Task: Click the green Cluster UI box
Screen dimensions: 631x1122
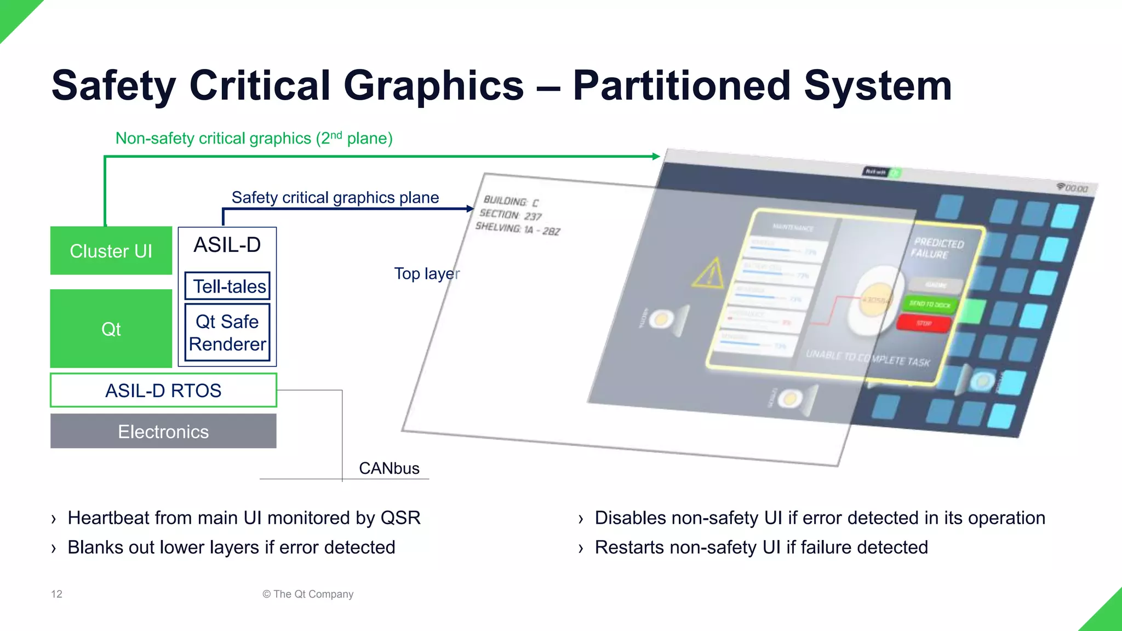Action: click(111, 251)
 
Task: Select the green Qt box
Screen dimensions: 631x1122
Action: click(111, 329)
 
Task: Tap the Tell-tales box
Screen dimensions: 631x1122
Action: click(227, 286)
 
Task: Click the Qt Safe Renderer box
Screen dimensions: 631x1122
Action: click(227, 332)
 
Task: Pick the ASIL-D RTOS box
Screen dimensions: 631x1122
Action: click(163, 391)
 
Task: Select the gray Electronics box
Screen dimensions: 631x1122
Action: click(163, 432)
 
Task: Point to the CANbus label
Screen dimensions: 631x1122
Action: click(389, 468)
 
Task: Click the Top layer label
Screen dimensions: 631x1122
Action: click(426, 273)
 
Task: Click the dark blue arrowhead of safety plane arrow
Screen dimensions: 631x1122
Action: click(470, 209)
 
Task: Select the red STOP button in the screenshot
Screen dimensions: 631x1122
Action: click(924, 323)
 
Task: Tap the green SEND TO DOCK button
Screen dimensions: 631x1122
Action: click(930, 304)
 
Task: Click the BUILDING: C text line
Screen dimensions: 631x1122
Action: click(511, 202)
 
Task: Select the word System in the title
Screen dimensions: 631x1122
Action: click(878, 86)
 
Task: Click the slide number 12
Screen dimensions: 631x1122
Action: click(56, 594)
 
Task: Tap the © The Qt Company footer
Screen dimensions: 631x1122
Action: click(308, 594)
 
